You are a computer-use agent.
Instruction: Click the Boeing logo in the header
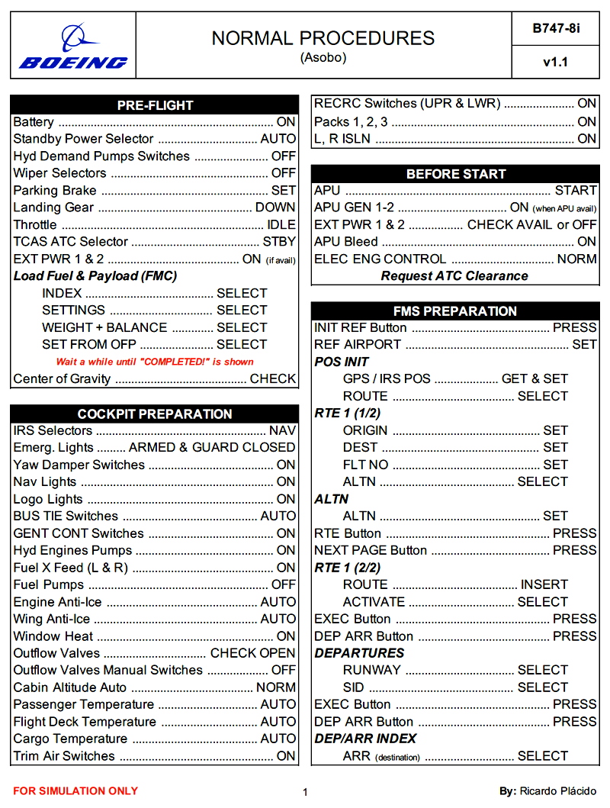pyautogui.click(x=73, y=47)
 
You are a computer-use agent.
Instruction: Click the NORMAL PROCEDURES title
pyautogui.click(x=323, y=38)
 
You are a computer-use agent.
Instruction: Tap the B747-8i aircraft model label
pyautogui.click(x=556, y=28)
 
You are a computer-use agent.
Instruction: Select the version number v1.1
pyautogui.click(x=556, y=63)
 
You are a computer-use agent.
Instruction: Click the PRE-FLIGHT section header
pyautogui.click(x=155, y=105)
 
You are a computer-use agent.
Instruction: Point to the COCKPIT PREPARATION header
pyautogui.click(x=155, y=414)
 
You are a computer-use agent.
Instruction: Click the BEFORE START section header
pyautogui.click(x=455, y=174)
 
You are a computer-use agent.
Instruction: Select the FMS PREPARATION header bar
pyautogui.click(x=455, y=311)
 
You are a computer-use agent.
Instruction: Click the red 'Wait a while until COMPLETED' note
pyautogui.click(x=155, y=362)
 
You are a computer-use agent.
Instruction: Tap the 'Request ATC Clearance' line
pyautogui.click(x=454, y=276)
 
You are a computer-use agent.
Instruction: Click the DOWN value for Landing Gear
pyautogui.click(x=275, y=207)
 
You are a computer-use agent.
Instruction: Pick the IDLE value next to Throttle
pyautogui.click(x=281, y=224)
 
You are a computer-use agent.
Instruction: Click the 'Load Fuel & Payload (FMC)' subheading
pyautogui.click(x=95, y=275)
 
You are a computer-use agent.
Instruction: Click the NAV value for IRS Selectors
pyautogui.click(x=282, y=430)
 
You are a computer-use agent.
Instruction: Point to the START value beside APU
pyautogui.click(x=576, y=190)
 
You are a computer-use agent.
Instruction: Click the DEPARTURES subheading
pyautogui.click(x=359, y=653)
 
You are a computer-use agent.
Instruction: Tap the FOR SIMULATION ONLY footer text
pyautogui.click(x=75, y=791)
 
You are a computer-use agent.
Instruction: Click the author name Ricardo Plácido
pyautogui.click(x=558, y=791)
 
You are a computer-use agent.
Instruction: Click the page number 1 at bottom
pyautogui.click(x=305, y=792)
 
